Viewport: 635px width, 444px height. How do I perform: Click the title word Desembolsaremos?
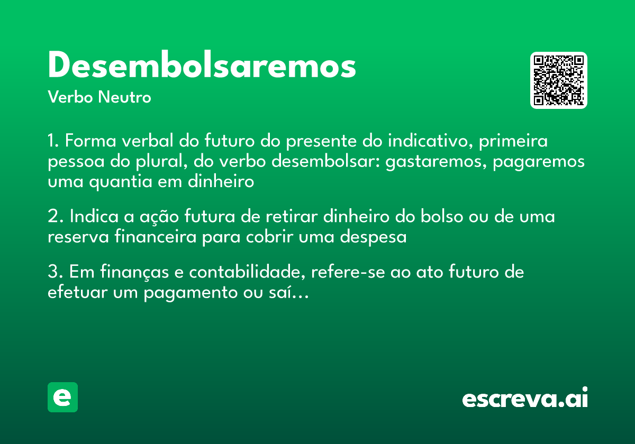pyautogui.click(x=202, y=67)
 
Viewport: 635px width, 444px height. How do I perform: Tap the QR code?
pyautogui.click(x=559, y=80)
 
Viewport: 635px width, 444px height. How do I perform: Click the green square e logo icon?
pyautogui.click(x=62, y=397)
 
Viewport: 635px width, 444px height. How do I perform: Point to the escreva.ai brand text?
pyautogui.click(x=525, y=399)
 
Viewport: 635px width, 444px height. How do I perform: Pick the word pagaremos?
pyautogui.click(x=539, y=162)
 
